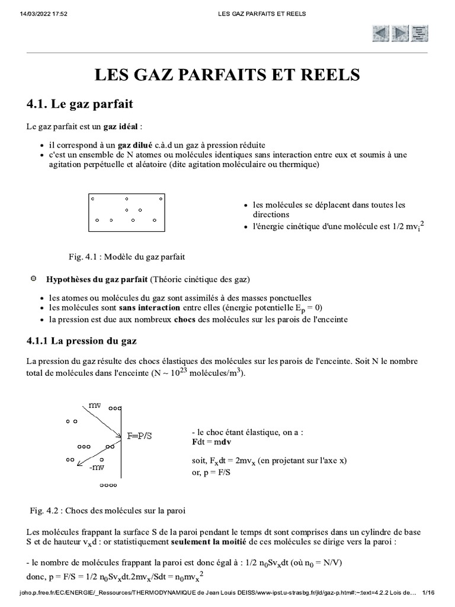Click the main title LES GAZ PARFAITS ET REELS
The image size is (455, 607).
227,75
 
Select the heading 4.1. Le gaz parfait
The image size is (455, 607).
80,104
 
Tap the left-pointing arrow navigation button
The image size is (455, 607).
381,33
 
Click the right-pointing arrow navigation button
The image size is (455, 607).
400,33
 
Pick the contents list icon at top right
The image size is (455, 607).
420,33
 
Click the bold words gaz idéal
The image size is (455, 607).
121,127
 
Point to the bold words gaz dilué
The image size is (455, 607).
134,145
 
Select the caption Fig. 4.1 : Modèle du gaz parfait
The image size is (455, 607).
127,257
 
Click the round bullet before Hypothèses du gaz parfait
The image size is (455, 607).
33,278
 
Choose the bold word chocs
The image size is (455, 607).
184,320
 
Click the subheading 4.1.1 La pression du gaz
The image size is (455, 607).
82,341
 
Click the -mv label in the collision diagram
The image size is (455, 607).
96,468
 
